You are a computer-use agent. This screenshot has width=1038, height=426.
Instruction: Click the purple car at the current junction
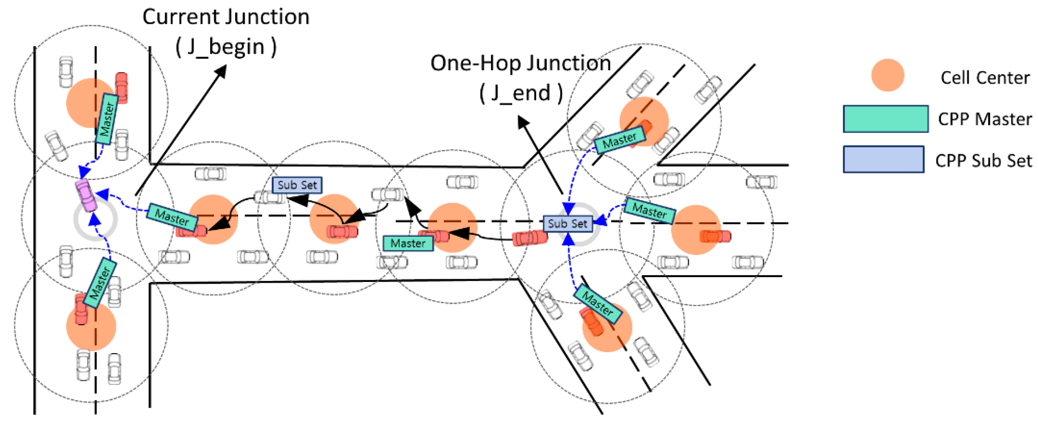point(86,195)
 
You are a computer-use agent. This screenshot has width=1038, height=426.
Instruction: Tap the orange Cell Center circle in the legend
point(887,75)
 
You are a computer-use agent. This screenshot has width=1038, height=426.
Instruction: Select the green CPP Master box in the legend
point(885,119)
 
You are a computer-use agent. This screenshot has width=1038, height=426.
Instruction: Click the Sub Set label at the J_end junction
point(567,223)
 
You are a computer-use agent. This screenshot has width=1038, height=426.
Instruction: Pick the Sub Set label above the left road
point(297,185)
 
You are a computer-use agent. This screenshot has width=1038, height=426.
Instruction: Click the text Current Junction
point(226,17)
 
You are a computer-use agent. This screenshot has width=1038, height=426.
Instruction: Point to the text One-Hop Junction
point(520,63)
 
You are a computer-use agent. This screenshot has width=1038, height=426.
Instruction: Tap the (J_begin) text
point(226,47)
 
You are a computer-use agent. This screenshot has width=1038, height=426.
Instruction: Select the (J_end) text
point(520,93)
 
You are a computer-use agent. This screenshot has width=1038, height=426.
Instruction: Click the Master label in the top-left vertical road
point(107,119)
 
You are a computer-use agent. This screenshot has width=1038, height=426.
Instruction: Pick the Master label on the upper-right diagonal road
point(619,140)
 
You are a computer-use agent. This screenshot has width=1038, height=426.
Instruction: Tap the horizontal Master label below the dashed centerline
point(408,243)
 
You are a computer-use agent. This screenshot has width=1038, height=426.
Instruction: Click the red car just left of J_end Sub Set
point(530,238)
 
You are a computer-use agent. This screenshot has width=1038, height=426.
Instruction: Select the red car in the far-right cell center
point(715,236)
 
